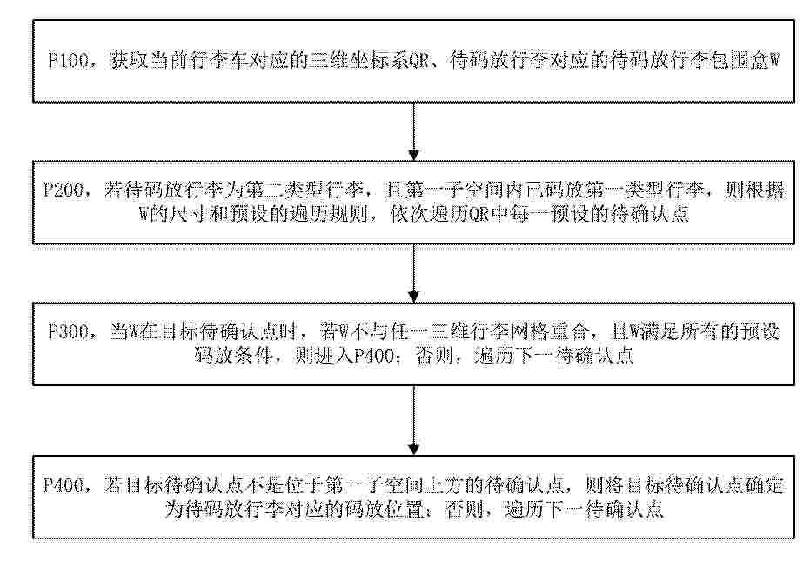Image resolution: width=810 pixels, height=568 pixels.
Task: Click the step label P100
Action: [69, 60]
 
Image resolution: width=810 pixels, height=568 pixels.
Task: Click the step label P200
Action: [63, 190]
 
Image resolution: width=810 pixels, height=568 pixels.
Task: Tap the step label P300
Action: [69, 331]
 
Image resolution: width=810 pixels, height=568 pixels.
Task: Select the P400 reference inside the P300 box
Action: [374, 356]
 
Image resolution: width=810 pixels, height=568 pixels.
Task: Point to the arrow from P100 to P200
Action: [413, 131]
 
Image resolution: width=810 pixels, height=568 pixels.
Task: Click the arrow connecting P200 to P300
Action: [413, 273]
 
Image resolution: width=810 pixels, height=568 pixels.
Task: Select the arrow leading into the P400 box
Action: [413, 420]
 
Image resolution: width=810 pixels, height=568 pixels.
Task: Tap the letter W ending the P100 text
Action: [773, 61]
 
